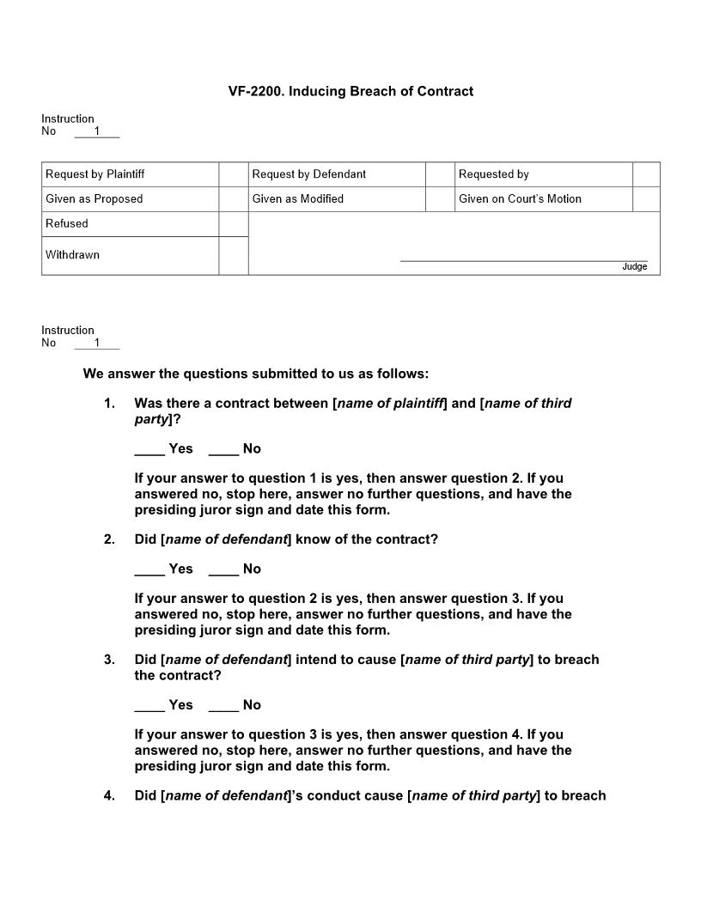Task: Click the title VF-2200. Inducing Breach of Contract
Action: click(350, 91)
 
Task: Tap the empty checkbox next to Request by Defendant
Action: click(440, 174)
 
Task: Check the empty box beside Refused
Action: click(233, 224)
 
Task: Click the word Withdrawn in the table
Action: click(72, 255)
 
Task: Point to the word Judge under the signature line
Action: click(634, 267)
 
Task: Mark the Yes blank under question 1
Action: click(149, 449)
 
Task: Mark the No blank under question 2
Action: click(223, 569)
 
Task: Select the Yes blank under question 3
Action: click(149, 705)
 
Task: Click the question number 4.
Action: click(109, 796)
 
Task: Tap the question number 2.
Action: click(109, 540)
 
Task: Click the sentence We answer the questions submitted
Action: click(256, 374)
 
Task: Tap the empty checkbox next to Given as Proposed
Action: click(233, 199)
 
